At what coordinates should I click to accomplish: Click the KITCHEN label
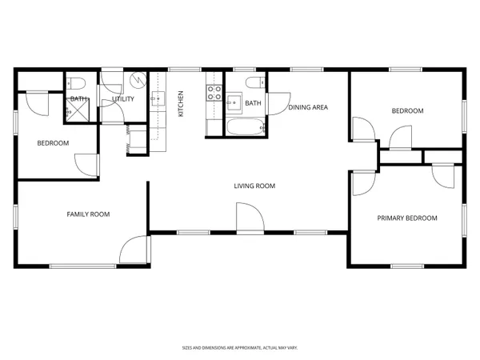(x=181, y=103)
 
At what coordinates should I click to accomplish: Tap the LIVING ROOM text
(x=254, y=186)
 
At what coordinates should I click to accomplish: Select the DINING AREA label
(x=308, y=107)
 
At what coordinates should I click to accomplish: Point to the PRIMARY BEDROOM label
(x=407, y=218)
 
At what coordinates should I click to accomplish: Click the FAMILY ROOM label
(x=88, y=214)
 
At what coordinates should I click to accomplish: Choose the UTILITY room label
(x=123, y=99)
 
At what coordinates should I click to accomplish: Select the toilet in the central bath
(x=252, y=84)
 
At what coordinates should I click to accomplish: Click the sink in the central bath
(x=234, y=102)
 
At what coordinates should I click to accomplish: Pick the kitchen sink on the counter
(x=157, y=100)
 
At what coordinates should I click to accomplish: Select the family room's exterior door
(x=134, y=250)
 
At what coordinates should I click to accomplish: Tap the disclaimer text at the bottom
(x=239, y=348)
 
